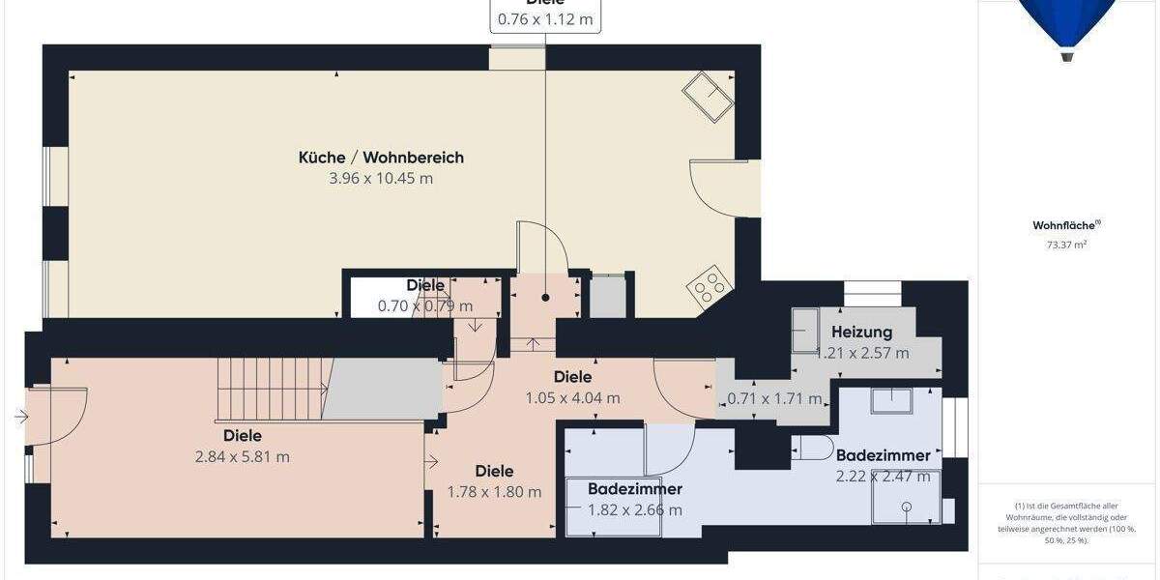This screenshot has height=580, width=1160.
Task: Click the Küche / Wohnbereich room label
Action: tap(381, 158)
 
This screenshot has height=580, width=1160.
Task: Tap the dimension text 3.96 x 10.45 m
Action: tap(381, 179)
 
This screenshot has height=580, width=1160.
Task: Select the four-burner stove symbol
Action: tap(709, 286)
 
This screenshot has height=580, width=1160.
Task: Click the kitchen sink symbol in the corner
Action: tap(709, 98)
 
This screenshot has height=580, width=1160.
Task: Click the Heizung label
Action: tap(861, 333)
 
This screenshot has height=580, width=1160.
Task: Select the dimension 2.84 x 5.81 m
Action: tap(242, 457)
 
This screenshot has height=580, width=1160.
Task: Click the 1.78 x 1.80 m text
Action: tap(494, 492)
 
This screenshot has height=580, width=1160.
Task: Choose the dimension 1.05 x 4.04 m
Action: tap(572, 398)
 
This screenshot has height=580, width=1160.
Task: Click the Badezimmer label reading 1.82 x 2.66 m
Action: tap(635, 489)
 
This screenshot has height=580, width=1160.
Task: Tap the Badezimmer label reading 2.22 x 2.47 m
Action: tap(883, 455)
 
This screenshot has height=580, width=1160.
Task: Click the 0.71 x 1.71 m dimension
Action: tap(773, 398)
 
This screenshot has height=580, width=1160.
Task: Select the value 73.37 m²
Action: tap(1065, 246)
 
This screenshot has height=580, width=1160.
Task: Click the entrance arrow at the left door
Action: tap(22, 418)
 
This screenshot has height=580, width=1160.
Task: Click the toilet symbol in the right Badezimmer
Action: tap(815, 448)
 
